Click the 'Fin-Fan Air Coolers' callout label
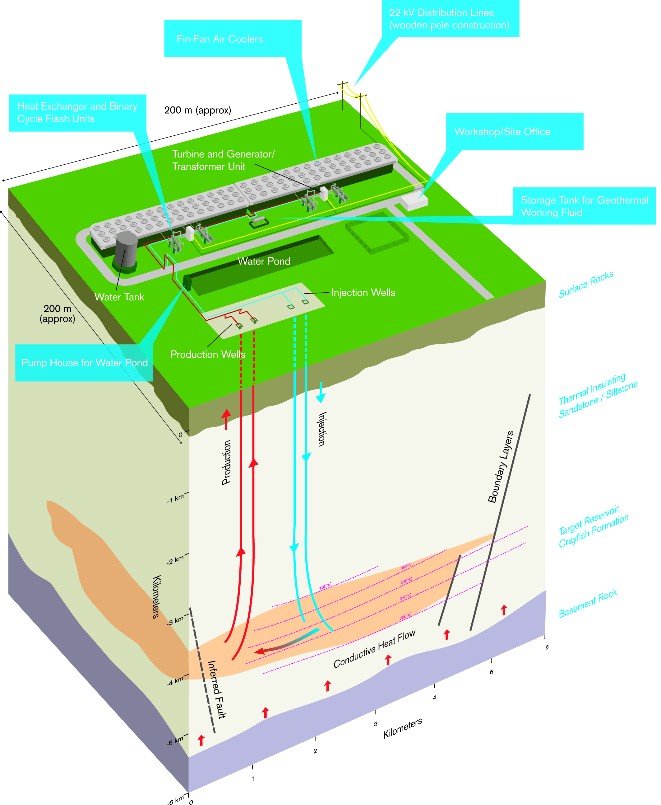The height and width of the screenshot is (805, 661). coord(220,39)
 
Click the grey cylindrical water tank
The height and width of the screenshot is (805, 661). coord(126,250)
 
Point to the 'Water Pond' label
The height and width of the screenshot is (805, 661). coord(264,261)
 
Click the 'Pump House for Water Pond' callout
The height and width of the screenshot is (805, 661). coord(84,363)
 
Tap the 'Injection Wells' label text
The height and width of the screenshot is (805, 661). coord(363,293)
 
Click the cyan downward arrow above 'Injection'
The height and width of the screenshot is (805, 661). coord(321,392)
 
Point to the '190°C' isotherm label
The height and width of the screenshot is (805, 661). coord(405,567)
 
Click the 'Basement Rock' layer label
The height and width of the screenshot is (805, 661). coord(588,603)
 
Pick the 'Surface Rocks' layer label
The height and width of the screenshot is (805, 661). coord(586,284)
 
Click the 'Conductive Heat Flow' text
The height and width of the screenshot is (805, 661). coord(374,649)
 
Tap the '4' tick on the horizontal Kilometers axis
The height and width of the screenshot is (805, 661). coord(434,698)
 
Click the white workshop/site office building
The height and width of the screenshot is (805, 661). coord(414,202)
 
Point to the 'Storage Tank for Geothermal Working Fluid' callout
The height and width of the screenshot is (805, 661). coord(584,206)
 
